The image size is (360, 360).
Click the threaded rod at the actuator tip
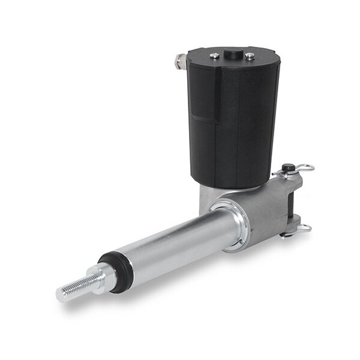pos(75,287)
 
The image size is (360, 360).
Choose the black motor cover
pos(234,120)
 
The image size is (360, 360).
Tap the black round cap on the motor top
pos(233,55)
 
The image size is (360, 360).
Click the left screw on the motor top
pos(214,56)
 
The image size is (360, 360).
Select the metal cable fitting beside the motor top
pos(179,61)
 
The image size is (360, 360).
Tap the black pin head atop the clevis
pos(290,168)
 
